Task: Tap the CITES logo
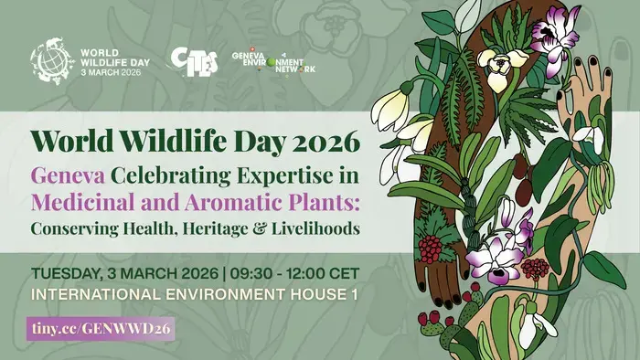click(194, 59)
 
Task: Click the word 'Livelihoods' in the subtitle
click(310, 227)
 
